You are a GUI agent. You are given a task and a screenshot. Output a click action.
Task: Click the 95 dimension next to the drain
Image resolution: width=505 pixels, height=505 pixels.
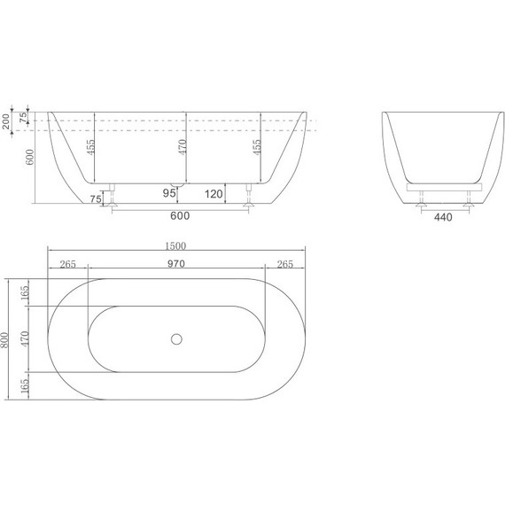tap(168, 192)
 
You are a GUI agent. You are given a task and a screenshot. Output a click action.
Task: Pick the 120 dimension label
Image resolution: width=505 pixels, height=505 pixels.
tap(213, 192)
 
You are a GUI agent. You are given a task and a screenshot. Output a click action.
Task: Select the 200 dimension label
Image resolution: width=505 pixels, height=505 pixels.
tap(8, 122)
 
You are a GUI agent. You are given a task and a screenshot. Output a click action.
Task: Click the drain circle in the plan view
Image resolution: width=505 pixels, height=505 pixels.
tap(175, 338)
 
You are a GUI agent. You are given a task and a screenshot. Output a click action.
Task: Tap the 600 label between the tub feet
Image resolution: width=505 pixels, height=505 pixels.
tap(180, 214)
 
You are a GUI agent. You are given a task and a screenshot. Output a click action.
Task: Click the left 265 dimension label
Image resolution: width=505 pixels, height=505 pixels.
tap(67, 264)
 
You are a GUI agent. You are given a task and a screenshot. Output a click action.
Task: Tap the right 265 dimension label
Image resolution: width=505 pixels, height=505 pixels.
tap(285, 264)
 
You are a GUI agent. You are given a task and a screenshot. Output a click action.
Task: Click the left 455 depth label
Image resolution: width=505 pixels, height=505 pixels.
tap(90, 146)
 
